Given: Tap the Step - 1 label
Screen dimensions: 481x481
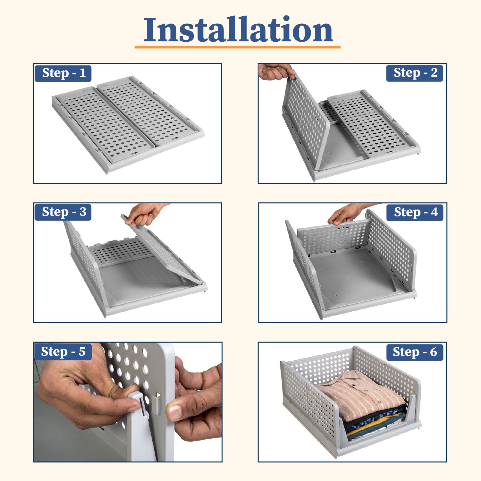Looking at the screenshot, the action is coord(63,73).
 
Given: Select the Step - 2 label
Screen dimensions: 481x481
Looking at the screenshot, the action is coord(415,73).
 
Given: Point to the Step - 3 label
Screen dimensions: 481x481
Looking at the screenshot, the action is coord(63,212).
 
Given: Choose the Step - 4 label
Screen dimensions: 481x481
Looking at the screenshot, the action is coord(415,213).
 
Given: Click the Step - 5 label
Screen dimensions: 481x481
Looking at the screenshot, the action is coord(63,352).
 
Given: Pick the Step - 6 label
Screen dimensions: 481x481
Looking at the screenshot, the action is coord(415,352).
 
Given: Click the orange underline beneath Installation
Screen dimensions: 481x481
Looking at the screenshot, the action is coord(237,47).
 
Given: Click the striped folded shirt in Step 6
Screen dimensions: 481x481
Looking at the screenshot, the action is coord(361,393).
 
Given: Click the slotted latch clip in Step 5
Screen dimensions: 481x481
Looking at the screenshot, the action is coord(141,406).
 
